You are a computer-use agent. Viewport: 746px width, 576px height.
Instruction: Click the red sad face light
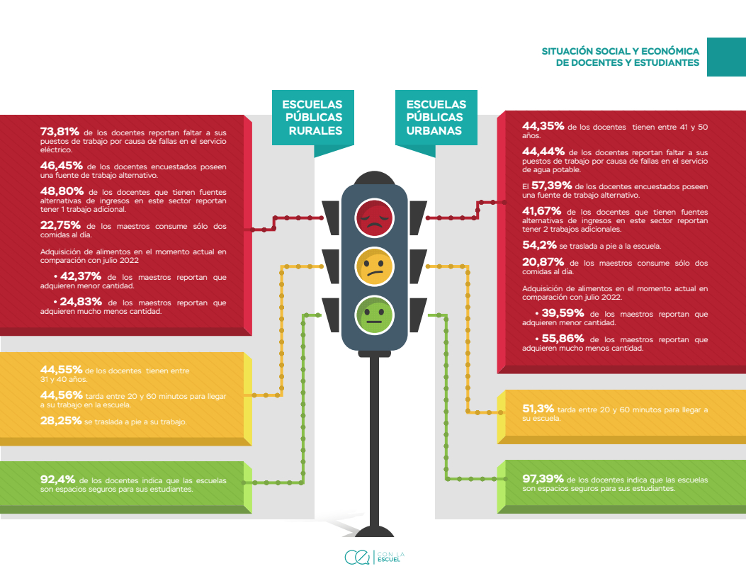pyautogui.click(x=375, y=218)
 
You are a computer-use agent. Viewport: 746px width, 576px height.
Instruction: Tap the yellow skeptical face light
pyautogui.click(x=375, y=266)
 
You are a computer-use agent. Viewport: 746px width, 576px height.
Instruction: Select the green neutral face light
pyautogui.click(x=375, y=315)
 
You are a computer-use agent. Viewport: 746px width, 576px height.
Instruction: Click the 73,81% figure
pyautogui.click(x=60, y=131)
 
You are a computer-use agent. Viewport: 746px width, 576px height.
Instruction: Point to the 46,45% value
pyautogui.click(x=62, y=166)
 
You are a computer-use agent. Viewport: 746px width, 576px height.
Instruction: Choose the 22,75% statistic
pyautogui.click(x=60, y=225)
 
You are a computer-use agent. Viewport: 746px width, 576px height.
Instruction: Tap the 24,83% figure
pyautogui.click(x=81, y=302)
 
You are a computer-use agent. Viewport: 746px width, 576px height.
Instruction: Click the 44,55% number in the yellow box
pyautogui.click(x=62, y=370)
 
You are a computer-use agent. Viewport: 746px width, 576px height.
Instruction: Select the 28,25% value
pyautogui.click(x=61, y=420)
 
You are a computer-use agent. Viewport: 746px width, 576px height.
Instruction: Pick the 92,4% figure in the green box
pyautogui.click(x=58, y=480)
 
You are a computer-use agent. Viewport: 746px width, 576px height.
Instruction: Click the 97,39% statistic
pyautogui.click(x=543, y=478)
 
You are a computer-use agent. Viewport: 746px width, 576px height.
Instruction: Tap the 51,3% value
pyautogui.click(x=538, y=409)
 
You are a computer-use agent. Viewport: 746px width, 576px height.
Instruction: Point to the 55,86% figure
pyautogui.click(x=563, y=338)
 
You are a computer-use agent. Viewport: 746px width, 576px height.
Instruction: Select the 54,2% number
pyautogui.click(x=540, y=245)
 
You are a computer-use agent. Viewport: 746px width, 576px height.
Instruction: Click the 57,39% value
pyautogui.click(x=551, y=186)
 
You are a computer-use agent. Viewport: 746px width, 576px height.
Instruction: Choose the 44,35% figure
pyautogui.click(x=543, y=126)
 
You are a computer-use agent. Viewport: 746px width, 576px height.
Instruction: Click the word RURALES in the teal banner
pyautogui.click(x=315, y=131)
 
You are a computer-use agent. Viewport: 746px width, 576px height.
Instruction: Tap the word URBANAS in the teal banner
pyautogui.click(x=434, y=131)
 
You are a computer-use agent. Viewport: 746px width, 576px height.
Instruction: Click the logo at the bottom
pyautogui.click(x=375, y=557)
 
